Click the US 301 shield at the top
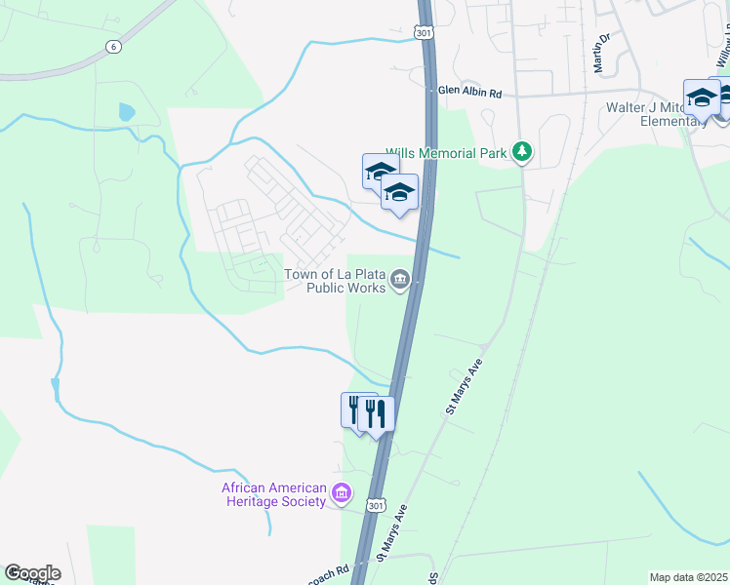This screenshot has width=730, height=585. [423, 33]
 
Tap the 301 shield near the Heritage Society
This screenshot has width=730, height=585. [376, 505]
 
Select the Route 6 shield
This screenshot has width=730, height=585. [113, 46]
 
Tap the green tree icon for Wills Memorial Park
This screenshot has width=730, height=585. [524, 151]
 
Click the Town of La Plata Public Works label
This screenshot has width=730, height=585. [334, 281]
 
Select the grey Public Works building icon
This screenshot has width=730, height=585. [399, 282]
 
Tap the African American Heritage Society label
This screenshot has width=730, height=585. [273, 494]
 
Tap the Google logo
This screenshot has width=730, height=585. [32, 572]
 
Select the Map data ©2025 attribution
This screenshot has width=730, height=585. [687, 577]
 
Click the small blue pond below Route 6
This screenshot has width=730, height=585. [126, 111]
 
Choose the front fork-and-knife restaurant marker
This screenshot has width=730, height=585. [376, 413]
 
